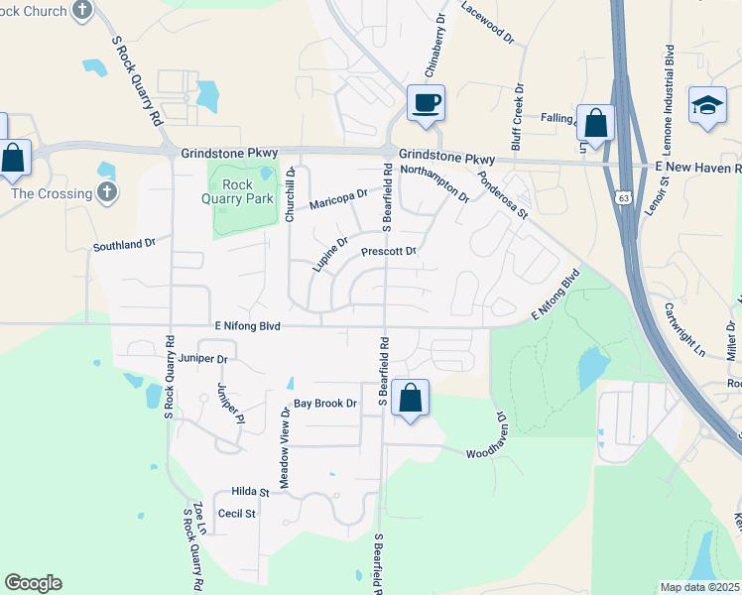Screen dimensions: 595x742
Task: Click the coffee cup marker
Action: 426,103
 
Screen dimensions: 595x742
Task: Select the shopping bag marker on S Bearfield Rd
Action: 410,399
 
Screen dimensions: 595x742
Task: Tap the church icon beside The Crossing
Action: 107,192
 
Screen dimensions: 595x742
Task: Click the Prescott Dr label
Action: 387,252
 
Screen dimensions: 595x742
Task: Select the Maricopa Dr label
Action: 338,201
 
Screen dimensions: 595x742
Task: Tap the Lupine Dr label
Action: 330,255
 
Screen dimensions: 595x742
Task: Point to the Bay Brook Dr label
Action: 324,404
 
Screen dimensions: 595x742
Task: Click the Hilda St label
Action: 250,492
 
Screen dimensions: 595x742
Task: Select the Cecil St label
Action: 237,514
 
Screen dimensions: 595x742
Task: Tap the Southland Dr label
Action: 125,243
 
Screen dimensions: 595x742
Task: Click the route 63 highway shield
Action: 623,196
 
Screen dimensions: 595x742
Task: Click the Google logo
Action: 33,583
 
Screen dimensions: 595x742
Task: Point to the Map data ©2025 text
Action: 698,587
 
